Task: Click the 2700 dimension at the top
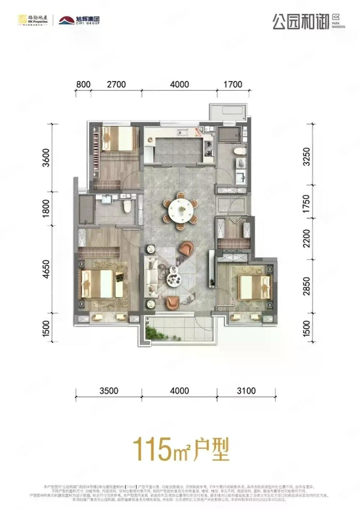[116, 85]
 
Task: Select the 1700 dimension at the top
[233, 85]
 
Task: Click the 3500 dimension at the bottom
[109, 390]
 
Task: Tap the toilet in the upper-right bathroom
[239, 151]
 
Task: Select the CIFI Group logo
[79, 20]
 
